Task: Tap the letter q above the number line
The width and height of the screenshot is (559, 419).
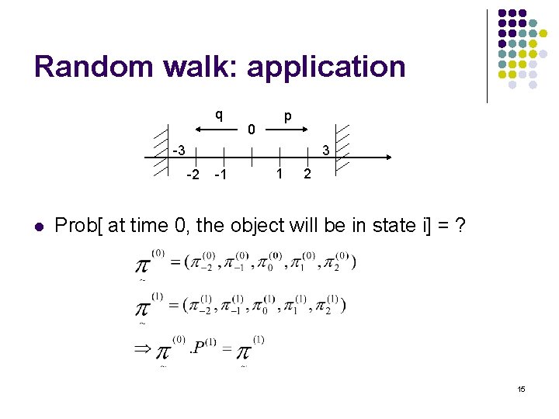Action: point(219,116)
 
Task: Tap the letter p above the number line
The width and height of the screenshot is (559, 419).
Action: point(287,116)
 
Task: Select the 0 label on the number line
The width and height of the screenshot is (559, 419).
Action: point(251,129)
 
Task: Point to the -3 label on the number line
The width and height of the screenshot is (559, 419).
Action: point(179,150)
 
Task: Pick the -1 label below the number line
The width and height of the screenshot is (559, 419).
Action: point(220,174)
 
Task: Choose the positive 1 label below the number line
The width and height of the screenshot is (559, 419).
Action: point(279,174)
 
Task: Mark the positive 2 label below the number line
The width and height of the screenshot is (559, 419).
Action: point(307,174)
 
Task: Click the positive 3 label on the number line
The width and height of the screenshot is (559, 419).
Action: point(327,150)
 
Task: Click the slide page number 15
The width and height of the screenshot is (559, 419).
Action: point(521,389)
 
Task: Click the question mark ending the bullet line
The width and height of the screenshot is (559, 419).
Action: point(460,226)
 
